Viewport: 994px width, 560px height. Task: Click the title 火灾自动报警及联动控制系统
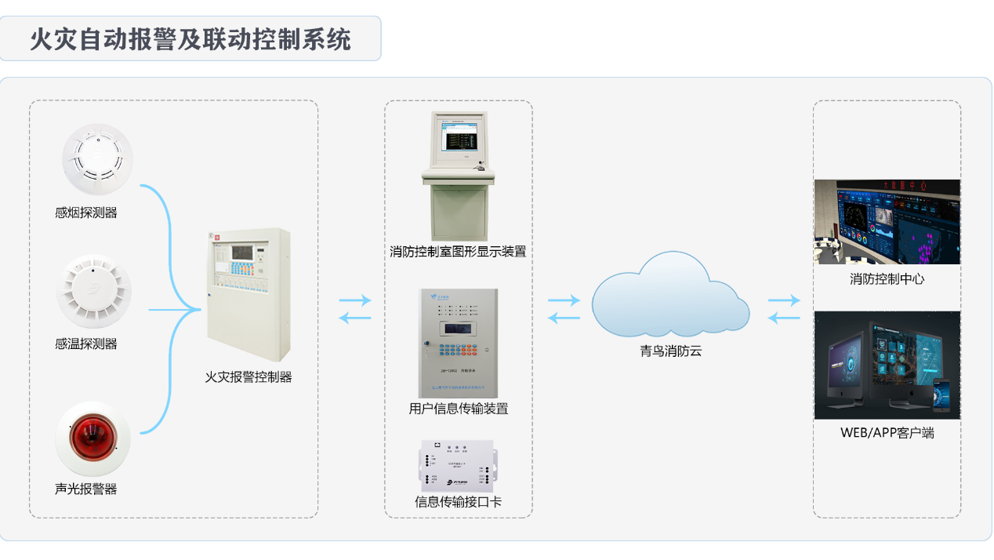(190, 39)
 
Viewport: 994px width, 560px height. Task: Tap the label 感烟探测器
(86, 213)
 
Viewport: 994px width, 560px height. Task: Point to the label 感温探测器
(86, 344)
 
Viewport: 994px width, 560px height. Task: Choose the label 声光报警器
(86, 489)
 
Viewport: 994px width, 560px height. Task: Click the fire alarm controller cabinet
(249, 294)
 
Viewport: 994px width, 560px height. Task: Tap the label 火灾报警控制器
(248, 377)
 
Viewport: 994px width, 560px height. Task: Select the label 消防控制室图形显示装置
(458, 252)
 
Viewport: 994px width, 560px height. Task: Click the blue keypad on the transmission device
(457, 350)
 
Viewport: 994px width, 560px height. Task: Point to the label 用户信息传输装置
(458, 409)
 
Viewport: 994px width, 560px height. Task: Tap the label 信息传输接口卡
(458, 502)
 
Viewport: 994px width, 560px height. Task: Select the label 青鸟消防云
(670, 351)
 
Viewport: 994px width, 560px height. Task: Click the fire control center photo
(887, 222)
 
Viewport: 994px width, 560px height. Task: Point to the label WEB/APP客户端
(887, 432)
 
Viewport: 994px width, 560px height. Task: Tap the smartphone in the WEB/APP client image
(941, 396)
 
